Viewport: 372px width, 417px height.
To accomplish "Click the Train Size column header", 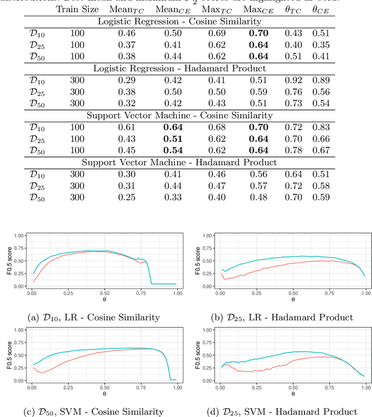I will (x=74, y=10).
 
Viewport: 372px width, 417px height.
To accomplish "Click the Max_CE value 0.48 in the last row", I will (x=253, y=198).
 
